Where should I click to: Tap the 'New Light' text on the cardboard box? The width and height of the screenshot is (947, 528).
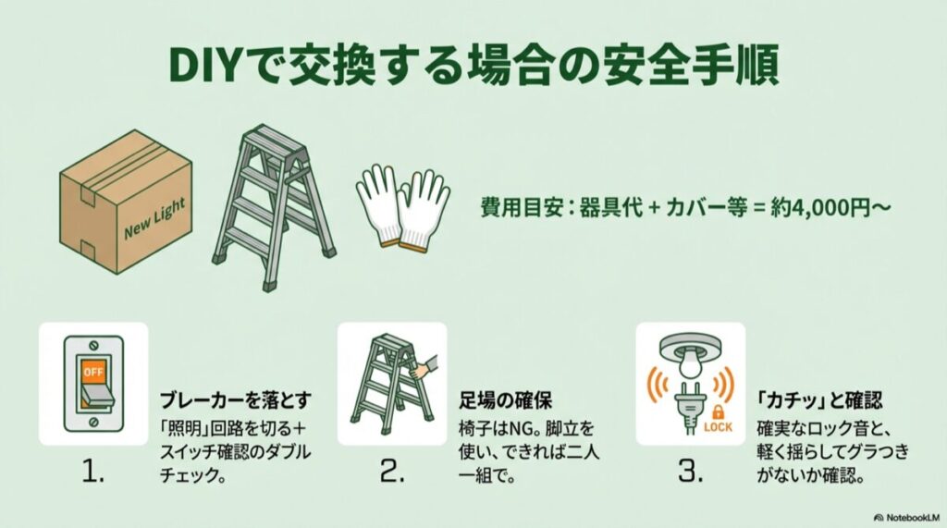pos(155,217)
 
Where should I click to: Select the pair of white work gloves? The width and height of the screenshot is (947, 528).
pos(402,208)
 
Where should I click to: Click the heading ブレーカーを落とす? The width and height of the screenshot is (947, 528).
pos(234,400)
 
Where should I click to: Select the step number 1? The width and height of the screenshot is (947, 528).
pos(95,473)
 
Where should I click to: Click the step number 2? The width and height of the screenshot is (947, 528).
pos(393,473)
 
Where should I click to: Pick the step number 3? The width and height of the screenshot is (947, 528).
pos(690,473)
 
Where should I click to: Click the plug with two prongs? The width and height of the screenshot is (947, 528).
pos(690,407)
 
